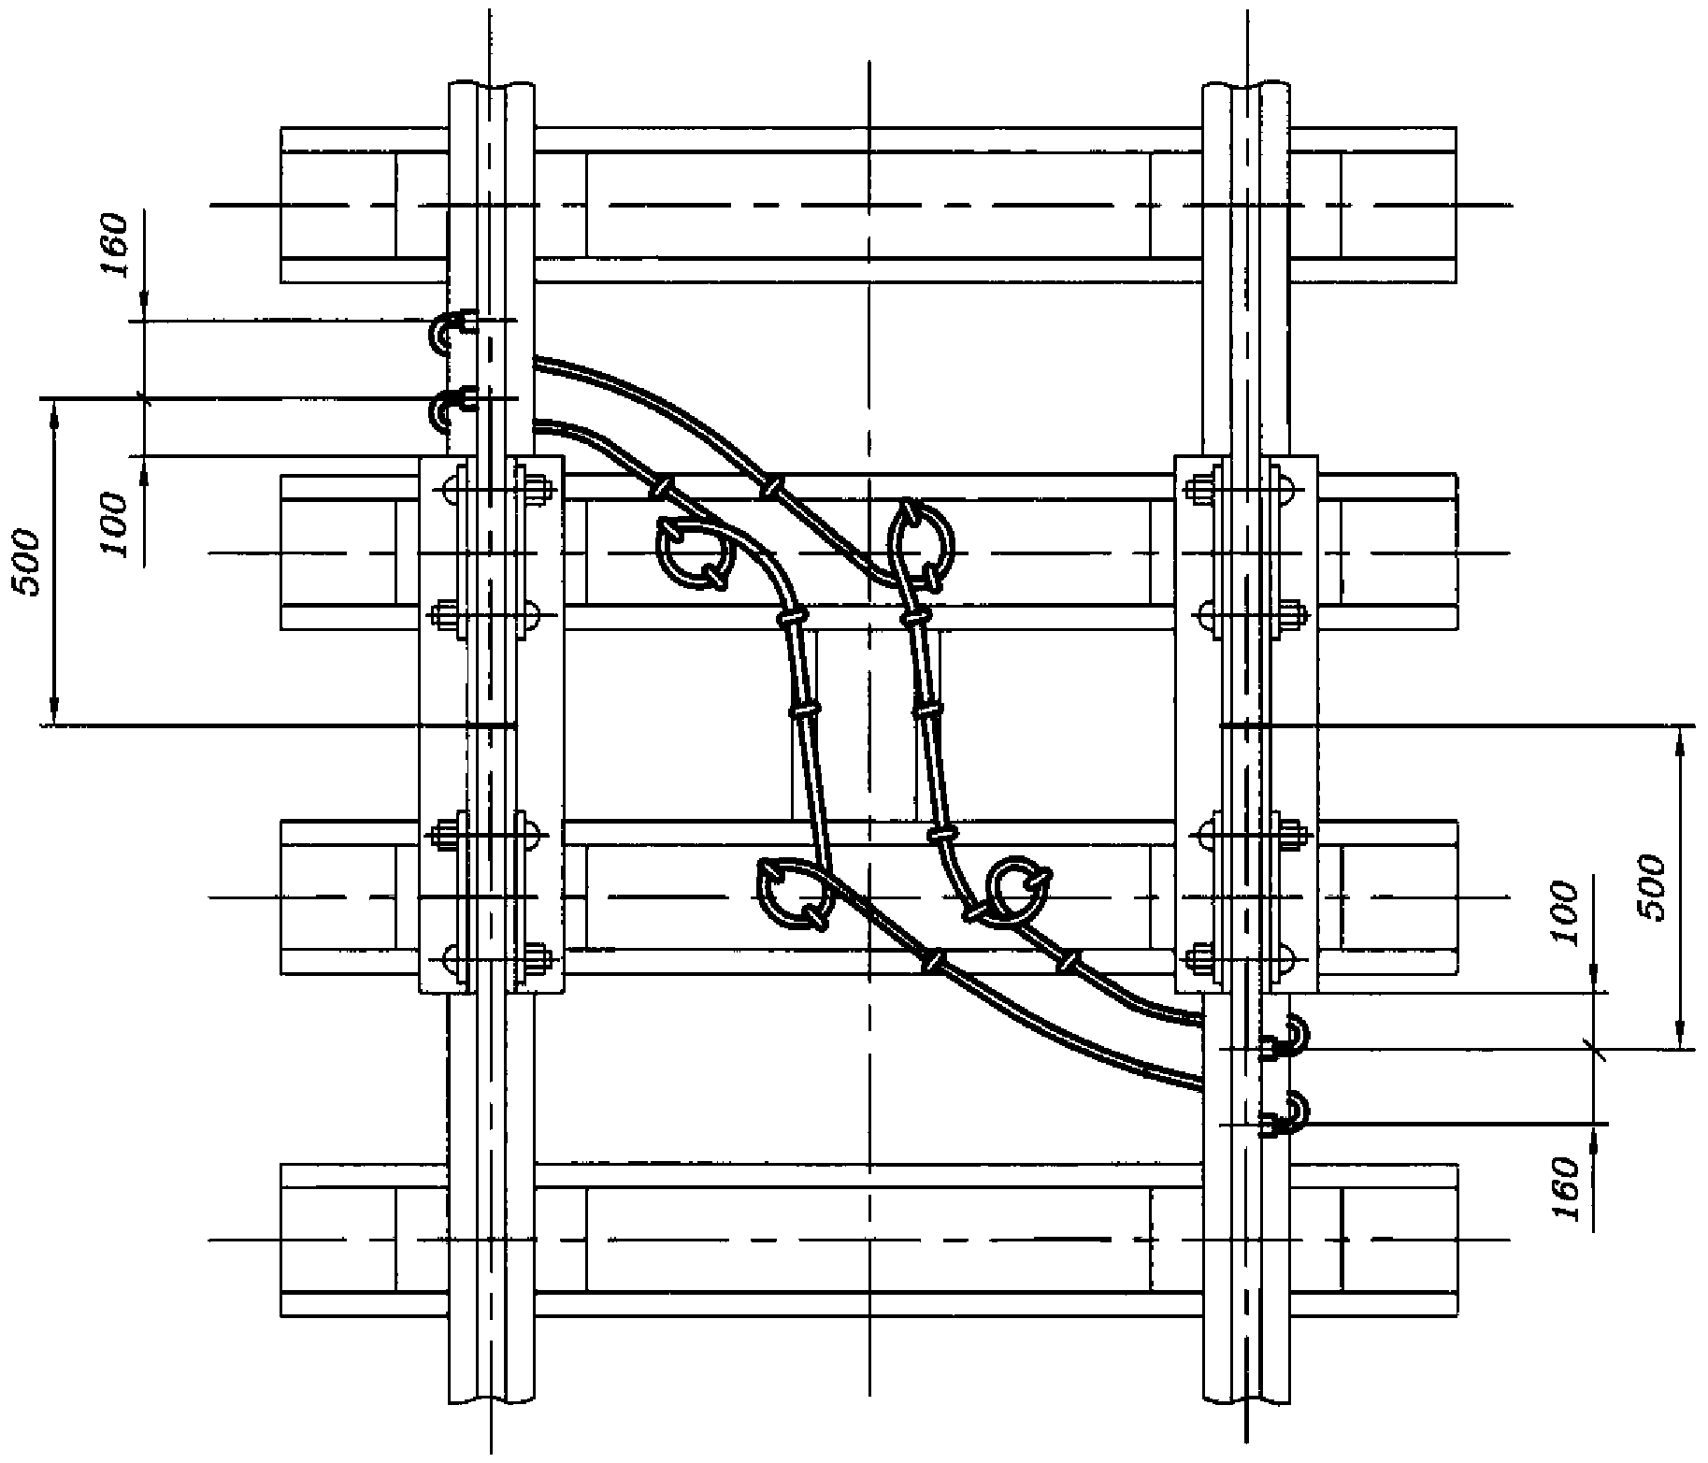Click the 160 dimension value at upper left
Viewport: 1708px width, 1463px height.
(x=114, y=246)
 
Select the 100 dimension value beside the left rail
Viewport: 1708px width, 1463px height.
(x=114, y=524)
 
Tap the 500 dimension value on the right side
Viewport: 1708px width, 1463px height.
(x=1653, y=886)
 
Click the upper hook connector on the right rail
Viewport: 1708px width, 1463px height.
(x=1286, y=1037)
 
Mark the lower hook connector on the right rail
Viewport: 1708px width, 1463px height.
(x=1286, y=1112)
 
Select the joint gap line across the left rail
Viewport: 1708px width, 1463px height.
(x=491, y=724)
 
